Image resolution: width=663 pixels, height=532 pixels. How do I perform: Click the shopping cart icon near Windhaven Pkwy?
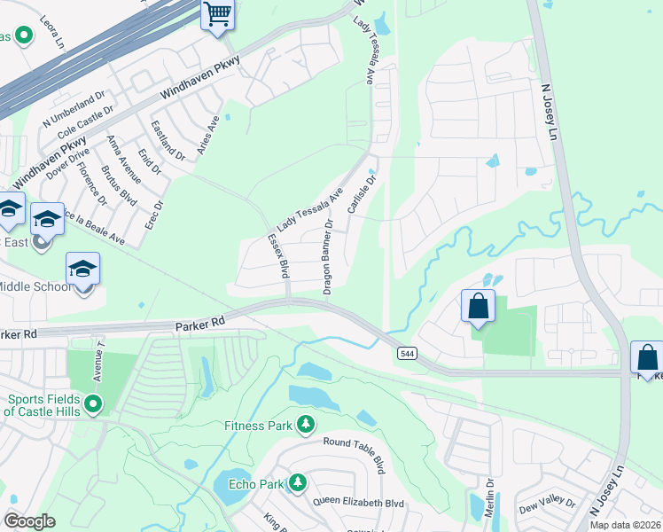point(217,15)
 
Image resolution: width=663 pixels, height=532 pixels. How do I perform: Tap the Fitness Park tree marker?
point(306,426)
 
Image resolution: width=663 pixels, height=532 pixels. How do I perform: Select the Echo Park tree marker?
point(299,483)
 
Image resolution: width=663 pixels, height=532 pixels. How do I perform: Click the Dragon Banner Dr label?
point(329,258)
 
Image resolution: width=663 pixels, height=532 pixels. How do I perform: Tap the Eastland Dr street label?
point(168,140)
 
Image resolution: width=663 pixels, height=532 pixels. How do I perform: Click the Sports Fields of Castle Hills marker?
point(91,405)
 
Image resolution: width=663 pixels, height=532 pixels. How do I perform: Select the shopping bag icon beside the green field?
point(478,307)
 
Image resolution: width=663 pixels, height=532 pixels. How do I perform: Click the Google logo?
point(29,521)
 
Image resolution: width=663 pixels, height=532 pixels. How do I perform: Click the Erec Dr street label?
point(159,216)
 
